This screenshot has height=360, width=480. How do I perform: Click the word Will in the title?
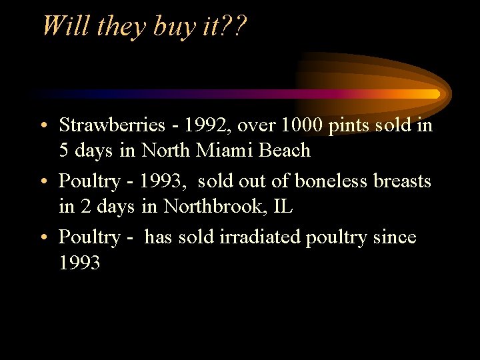click(65, 26)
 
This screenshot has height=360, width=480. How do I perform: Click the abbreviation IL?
click(282, 207)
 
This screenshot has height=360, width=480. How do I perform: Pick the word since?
click(395, 237)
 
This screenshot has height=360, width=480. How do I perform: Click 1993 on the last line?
click(79, 263)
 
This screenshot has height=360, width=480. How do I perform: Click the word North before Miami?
click(167, 151)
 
